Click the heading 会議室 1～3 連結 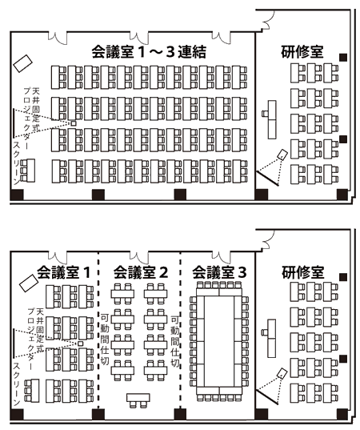[149, 51]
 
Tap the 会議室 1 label [63, 272]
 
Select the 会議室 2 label [141, 272]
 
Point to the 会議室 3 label [219, 272]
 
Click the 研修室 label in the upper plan [302, 51]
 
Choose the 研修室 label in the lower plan [303, 272]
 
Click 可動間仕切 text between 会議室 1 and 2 [105, 339]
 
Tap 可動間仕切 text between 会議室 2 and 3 [175, 341]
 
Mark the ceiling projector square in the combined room [73, 123]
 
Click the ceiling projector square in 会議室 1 [80, 344]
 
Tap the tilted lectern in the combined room [22, 63]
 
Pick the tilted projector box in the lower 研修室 [282, 373]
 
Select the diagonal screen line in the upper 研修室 [267, 179]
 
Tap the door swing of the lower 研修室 [269, 239]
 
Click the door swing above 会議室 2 [139, 257]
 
